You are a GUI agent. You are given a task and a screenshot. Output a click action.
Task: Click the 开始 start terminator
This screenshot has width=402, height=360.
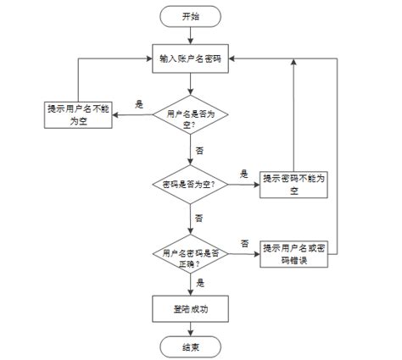click(x=191, y=16)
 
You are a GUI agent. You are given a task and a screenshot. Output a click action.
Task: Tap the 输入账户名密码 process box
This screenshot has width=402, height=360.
click(x=191, y=58)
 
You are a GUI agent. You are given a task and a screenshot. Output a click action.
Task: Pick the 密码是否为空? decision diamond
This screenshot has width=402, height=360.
click(x=191, y=183)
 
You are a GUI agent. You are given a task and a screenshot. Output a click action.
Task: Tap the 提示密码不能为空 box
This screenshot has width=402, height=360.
click(x=294, y=183)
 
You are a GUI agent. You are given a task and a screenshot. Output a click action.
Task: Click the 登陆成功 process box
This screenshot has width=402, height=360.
click(x=191, y=308)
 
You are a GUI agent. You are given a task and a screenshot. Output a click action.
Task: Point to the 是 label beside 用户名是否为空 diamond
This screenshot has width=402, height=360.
click(x=139, y=104)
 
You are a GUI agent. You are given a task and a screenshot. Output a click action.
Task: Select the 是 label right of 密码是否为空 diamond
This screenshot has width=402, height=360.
click(x=244, y=173)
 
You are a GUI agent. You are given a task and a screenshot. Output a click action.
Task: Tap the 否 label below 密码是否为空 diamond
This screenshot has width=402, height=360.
click(x=199, y=218)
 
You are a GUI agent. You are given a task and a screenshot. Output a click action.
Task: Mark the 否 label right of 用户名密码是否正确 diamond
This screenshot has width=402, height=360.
click(x=244, y=243)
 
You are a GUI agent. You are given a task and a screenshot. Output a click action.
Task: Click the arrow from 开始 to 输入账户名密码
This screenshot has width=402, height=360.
click(x=191, y=35)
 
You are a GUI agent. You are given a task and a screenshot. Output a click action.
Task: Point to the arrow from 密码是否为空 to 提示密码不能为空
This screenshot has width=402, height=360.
click(x=243, y=184)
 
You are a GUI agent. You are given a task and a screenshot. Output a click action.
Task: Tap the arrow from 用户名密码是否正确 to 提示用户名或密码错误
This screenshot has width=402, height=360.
click(x=243, y=253)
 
